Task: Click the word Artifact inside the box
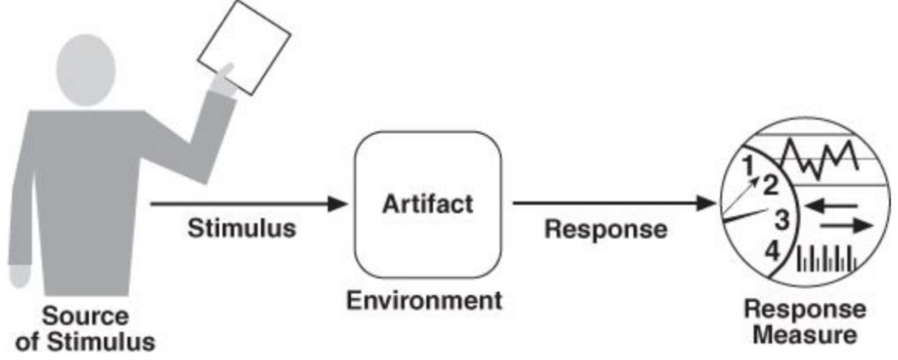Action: [x=427, y=204]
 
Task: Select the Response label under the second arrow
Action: [x=606, y=229]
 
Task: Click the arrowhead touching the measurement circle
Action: [x=708, y=204]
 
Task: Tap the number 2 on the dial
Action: [x=770, y=185]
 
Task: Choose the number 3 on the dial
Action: [x=782, y=219]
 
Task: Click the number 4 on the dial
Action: [x=772, y=250]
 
